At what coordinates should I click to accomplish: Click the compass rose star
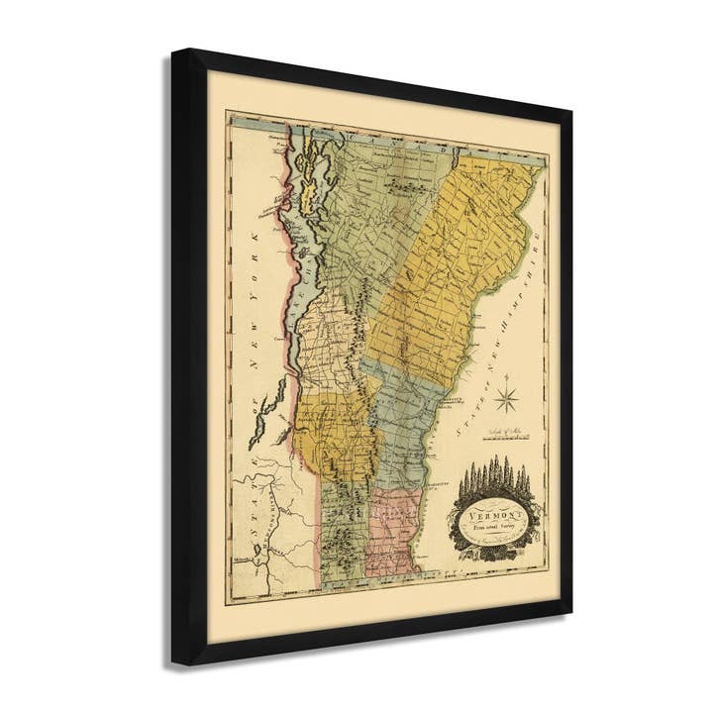pyautogui.click(x=507, y=398)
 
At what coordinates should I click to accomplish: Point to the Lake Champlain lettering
pyautogui.click(x=297, y=297)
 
